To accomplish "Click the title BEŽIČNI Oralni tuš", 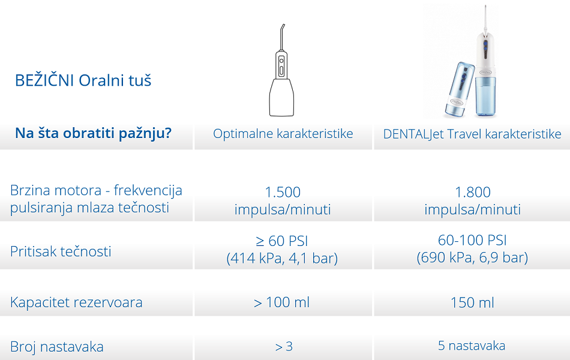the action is [83, 80].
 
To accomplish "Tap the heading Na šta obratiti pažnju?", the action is [93, 133].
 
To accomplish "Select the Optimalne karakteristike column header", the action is [283, 133].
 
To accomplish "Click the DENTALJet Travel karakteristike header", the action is [472, 134].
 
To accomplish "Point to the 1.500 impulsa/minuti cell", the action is [283, 200].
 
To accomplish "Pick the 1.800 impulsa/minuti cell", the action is [473, 200].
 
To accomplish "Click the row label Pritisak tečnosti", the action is [61, 251].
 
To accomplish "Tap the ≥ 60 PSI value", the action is [282, 241].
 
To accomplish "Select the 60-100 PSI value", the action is [472, 240].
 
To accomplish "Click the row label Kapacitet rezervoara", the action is [76, 302].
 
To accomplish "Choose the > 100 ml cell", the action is [282, 302].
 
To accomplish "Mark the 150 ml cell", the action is [472, 302].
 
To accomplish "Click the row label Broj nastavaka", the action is [57, 347].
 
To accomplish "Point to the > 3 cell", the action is [284, 347].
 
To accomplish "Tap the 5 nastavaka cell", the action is [472, 346].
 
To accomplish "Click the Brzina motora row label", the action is [96, 199].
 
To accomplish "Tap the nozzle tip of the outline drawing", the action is [284, 25].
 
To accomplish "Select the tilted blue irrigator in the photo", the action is [460, 90].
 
